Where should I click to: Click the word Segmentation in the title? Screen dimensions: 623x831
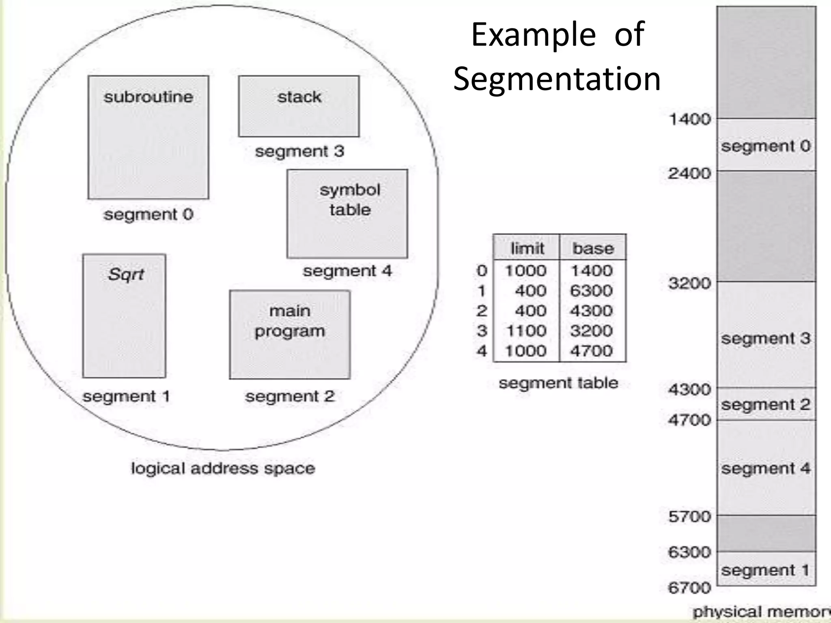click(x=557, y=79)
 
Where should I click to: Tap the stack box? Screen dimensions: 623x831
click(x=299, y=106)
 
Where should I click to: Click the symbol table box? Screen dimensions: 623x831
click(x=347, y=214)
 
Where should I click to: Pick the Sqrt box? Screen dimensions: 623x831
click(x=124, y=316)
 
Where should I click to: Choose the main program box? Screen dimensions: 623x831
click(x=290, y=335)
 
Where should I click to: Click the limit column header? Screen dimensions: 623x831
click(x=527, y=248)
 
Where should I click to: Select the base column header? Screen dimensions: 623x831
click(x=593, y=248)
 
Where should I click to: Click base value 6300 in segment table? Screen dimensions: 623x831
click(x=591, y=291)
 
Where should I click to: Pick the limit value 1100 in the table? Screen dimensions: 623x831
click(x=526, y=331)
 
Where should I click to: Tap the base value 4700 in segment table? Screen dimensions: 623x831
click(x=591, y=351)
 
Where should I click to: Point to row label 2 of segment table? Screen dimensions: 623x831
click(x=482, y=311)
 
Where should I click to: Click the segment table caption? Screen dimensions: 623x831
click(x=558, y=383)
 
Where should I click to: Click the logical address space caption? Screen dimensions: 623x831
click(x=223, y=468)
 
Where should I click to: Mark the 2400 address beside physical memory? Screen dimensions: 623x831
click(x=690, y=174)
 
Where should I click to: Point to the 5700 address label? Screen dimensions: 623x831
click(x=690, y=517)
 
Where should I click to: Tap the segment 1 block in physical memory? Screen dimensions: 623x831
click(x=766, y=569)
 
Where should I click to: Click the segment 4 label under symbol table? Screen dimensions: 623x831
click(x=347, y=271)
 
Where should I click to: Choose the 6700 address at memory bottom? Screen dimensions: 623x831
click(x=690, y=587)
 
